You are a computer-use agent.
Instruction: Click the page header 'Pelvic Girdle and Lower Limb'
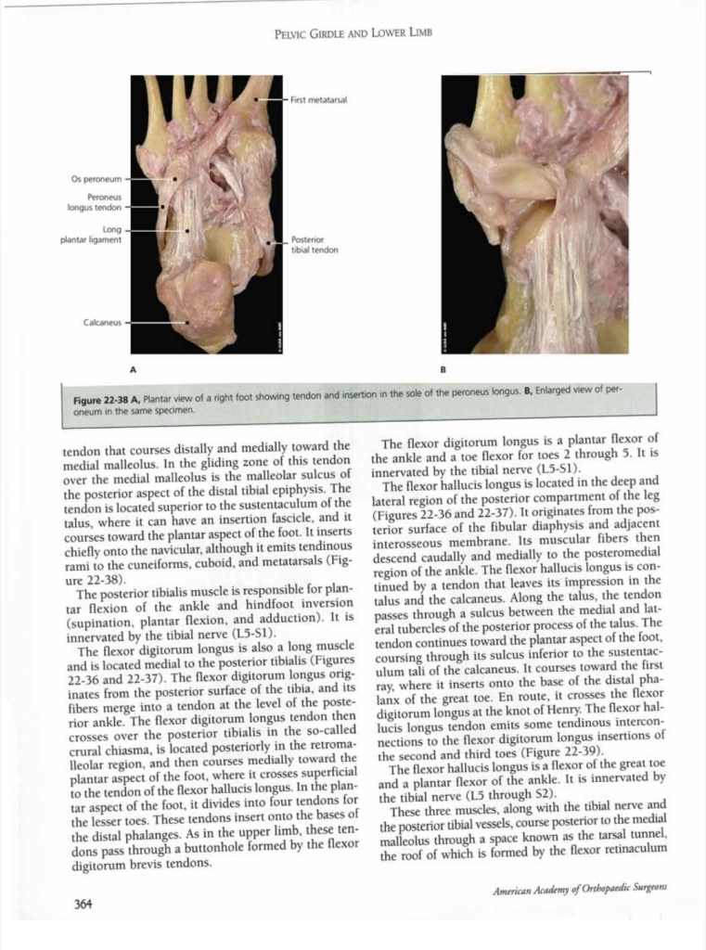point(353,33)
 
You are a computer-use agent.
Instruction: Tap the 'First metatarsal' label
point(318,100)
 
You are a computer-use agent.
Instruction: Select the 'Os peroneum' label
point(96,175)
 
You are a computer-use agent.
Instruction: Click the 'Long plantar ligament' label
point(90,235)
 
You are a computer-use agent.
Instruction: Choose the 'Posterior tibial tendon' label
point(315,245)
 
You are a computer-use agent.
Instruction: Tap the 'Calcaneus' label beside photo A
point(101,323)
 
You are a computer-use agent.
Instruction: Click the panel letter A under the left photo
point(134,368)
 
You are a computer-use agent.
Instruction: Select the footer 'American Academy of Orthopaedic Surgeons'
point(579,888)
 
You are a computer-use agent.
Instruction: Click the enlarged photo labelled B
point(534,213)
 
